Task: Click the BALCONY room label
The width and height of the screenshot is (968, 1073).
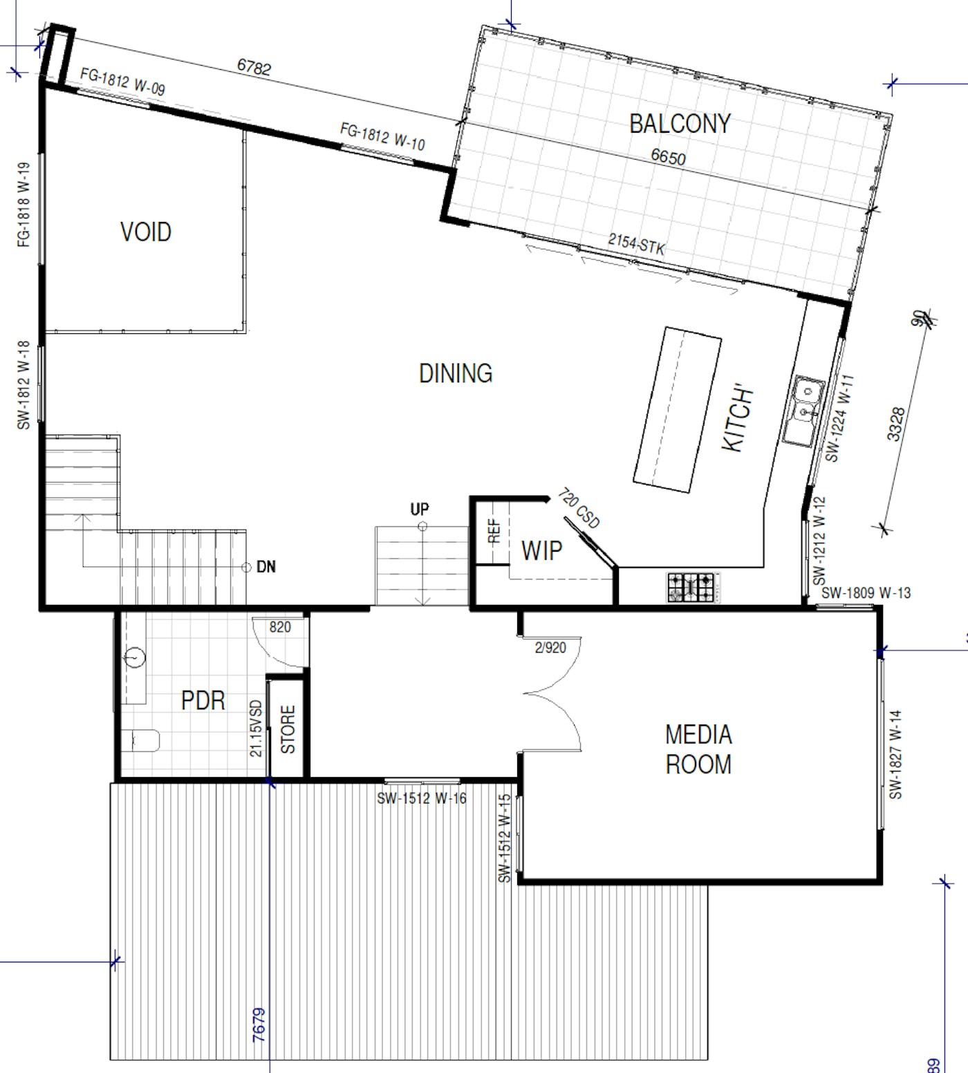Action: coord(680,124)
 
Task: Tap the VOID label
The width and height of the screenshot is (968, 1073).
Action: coord(146,232)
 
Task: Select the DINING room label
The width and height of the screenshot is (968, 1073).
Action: coord(456,373)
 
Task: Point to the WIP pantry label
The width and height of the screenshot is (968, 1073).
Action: coord(541,551)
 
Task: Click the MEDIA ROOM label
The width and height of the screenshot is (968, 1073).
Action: coord(698,749)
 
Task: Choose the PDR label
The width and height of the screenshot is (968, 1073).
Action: coord(203,700)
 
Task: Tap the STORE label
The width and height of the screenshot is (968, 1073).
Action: coord(288,729)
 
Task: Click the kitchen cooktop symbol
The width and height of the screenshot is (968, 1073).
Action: coord(692,587)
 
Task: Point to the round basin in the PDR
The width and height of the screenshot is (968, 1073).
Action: coord(135,656)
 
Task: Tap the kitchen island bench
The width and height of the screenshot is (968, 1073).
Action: coord(678,409)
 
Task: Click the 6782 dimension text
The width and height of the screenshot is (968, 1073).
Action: coord(254,66)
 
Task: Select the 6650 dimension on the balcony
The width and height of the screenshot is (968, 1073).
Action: coord(669,157)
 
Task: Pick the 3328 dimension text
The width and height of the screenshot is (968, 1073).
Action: coord(895,424)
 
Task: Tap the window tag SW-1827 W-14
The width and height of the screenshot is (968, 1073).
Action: coord(896,754)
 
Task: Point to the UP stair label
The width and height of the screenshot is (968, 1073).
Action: coord(420,510)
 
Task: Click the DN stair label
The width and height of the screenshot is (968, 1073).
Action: coord(266,567)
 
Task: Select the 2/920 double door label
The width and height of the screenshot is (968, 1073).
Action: coord(550,648)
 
